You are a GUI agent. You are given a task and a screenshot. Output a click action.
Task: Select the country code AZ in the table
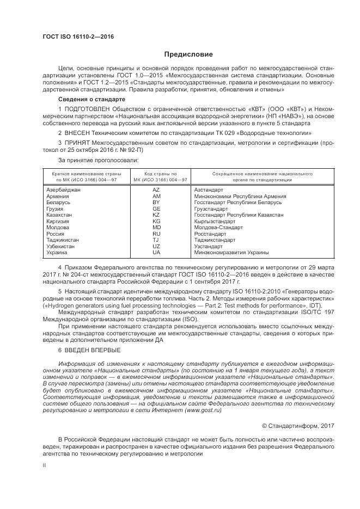[x=156, y=189]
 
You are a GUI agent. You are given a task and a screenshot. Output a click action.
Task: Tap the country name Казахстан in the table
[x=60, y=215]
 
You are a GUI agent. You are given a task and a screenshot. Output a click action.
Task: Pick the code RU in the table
[x=156, y=234]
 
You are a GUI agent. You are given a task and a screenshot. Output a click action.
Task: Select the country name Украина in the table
[x=57, y=253]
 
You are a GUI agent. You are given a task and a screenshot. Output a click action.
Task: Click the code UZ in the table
[x=156, y=246]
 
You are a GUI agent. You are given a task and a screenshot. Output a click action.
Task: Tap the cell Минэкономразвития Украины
[x=231, y=253]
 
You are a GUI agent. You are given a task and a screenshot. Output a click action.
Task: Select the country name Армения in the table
[x=58, y=196]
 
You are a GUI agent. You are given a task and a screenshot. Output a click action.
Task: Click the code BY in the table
[x=156, y=202]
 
